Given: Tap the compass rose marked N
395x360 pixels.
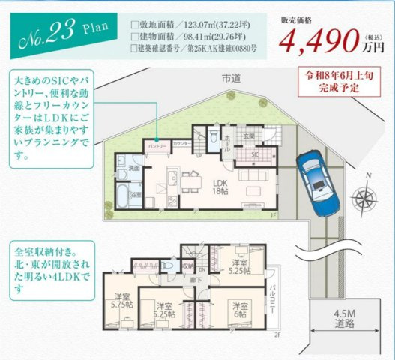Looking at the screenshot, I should (365, 197).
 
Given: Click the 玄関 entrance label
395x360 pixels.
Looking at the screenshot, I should (248, 136).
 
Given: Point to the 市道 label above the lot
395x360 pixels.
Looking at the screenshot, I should (231, 78).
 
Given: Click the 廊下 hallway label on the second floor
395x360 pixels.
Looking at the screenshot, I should (196, 279).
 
